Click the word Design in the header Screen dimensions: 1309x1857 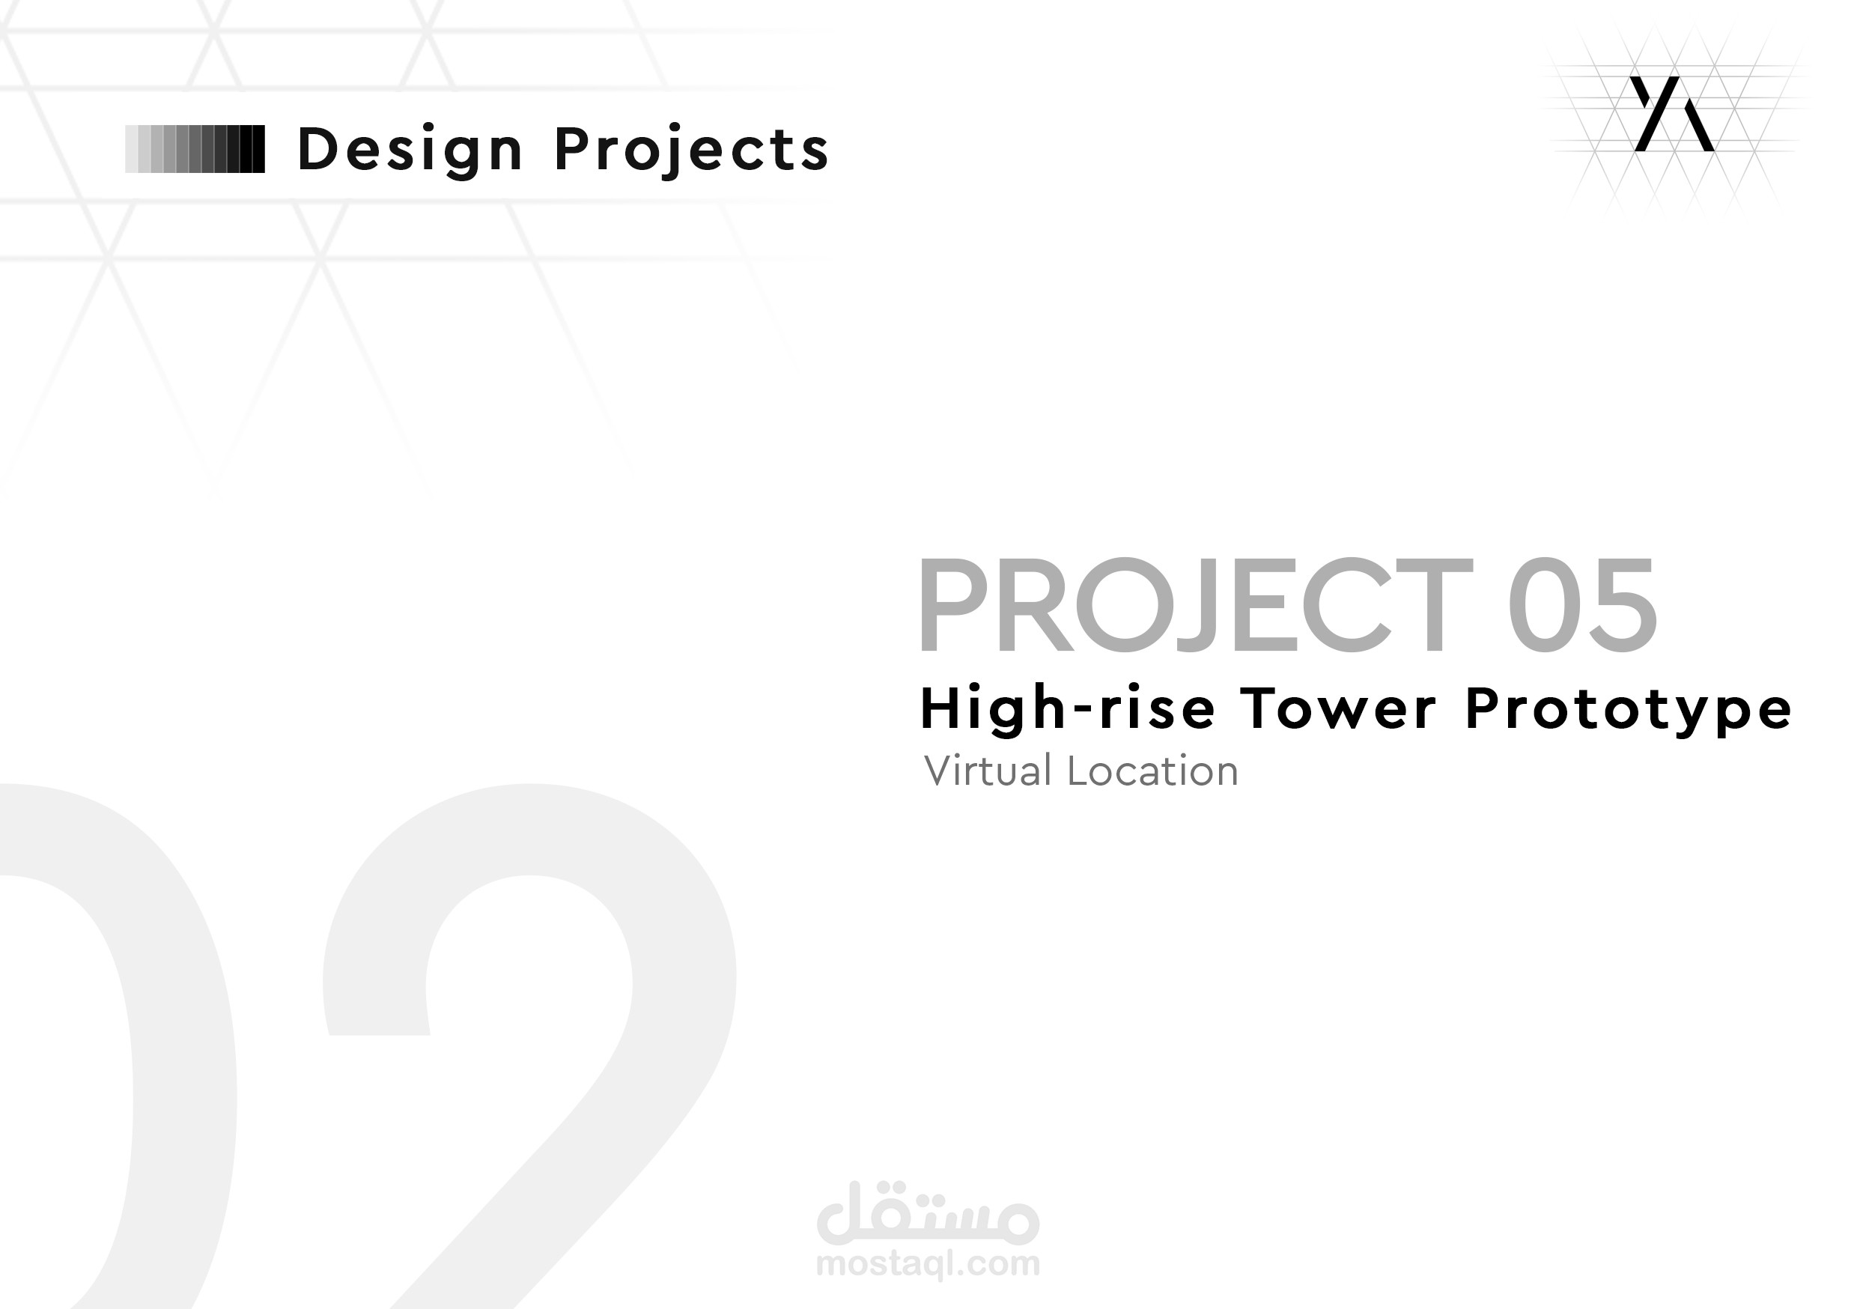(x=410, y=151)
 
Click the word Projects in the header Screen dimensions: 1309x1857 (x=692, y=151)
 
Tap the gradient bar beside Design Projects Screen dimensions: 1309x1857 (x=195, y=149)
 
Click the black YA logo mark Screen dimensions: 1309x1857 (x=1671, y=114)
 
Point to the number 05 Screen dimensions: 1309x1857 (x=1582, y=605)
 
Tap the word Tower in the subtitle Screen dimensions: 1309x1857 (x=1339, y=708)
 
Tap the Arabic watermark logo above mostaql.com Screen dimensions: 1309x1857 (x=928, y=1215)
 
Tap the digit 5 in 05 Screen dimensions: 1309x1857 (x=1620, y=605)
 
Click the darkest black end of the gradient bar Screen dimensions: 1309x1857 (x=257, y=149)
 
